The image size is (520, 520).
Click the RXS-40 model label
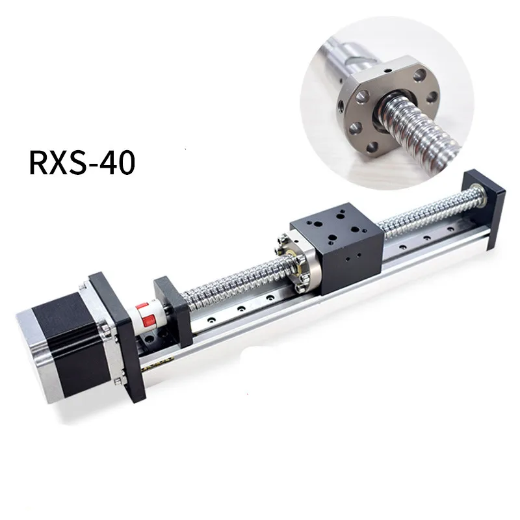(x=82, y=162)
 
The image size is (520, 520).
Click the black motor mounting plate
(x=118, y=335)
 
